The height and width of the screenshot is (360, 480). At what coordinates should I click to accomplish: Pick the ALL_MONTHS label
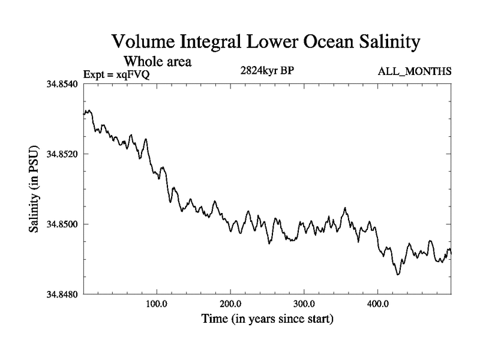click(414, 72)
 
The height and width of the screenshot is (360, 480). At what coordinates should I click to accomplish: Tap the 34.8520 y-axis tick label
click(62, 154)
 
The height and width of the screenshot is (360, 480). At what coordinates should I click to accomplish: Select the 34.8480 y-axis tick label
click(62, 295)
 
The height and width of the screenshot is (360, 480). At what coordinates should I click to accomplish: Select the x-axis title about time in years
click(267, 319)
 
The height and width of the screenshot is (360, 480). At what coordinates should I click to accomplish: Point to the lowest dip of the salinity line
click(397, 274)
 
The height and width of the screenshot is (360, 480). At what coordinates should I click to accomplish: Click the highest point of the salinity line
click(88, 110)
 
